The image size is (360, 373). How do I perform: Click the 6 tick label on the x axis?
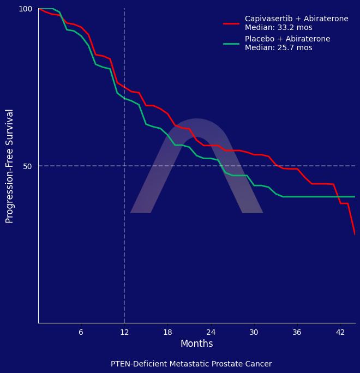[81, 332]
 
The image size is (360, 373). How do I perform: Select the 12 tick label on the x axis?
[124, 332]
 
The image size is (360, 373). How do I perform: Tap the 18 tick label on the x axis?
[167, 332]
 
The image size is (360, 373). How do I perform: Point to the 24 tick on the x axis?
[211, 332]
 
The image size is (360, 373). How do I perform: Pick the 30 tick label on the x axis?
[254, 332]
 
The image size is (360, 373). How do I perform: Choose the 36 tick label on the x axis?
[297, 332]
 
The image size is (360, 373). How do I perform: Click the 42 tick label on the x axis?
[340, 332]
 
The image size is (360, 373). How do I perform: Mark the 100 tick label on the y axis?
[26, 9]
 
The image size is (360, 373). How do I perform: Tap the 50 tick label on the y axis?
[28, 166]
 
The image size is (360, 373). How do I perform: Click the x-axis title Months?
[196, 344]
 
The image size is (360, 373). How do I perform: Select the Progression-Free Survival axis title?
[10, 166]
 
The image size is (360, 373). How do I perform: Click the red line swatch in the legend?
[231, 23]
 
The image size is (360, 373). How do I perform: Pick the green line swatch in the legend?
[231, 44]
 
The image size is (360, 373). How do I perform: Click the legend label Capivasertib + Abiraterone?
[296, 19]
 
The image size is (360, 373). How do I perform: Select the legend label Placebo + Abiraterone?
[287, 39]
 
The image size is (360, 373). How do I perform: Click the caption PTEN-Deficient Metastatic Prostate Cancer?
[191, 364]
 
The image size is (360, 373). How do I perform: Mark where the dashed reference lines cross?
[124, 166]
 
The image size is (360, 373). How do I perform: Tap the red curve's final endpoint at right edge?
[355, 234]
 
